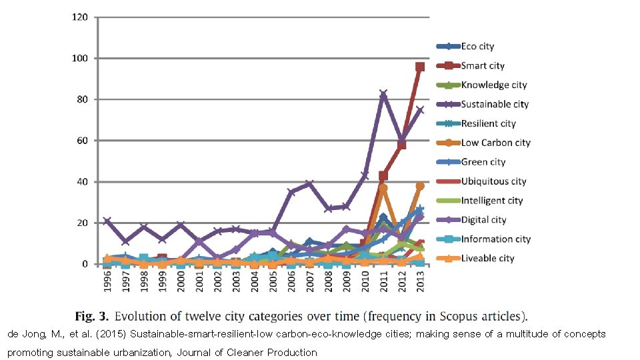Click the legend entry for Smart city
tap(483, 66)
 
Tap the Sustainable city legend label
tap(495, 104)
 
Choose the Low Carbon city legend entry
tap(495, 143)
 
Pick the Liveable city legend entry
tap(487, 258)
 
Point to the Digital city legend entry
tap(483, 220)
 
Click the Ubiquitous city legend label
tap(493, 181)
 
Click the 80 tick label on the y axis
tap(81, 99)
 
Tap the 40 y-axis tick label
tap(81, 181)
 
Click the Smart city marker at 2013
tap(420, 67)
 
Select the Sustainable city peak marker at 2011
tap(383, 95)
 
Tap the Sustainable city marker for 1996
tap(107, 221)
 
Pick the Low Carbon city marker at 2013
tap(420, 186)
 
